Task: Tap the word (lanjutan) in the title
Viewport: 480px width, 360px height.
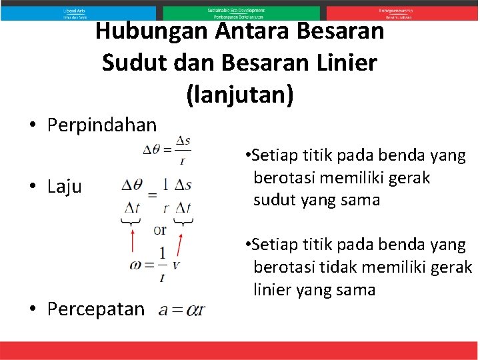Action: pos(240,94)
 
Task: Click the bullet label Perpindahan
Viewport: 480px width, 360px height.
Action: pos(102,125)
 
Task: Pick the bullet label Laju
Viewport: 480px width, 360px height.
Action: pos(65,187)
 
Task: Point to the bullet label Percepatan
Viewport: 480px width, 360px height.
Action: pos(96,309)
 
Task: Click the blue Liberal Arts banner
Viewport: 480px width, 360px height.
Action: pos(78,13)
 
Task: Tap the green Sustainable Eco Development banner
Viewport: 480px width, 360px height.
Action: pos(240,13)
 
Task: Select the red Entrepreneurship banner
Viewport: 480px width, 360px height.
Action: pos(402,13)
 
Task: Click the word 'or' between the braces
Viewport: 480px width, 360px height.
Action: pos(160,230)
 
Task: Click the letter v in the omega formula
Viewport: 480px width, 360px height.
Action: pos(176,265)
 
